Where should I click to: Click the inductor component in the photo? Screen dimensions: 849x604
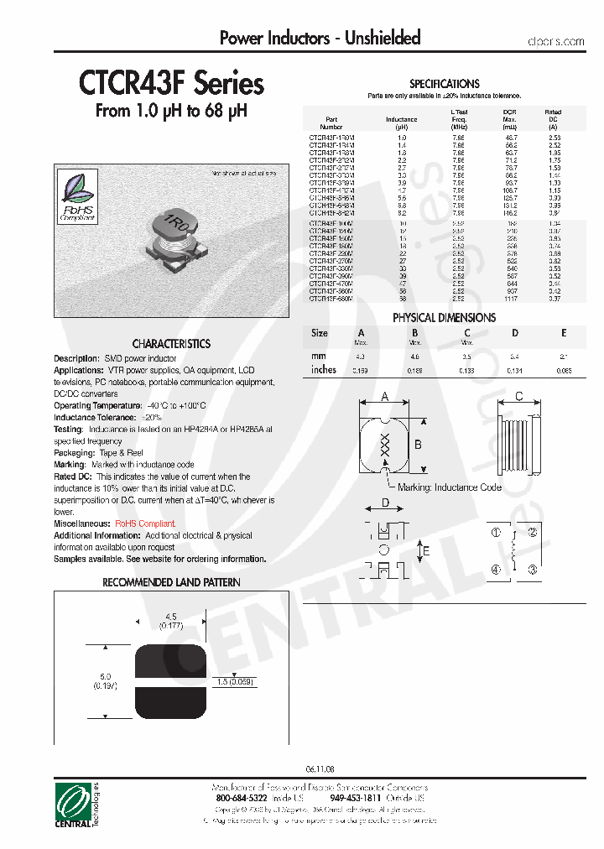pos(174,236)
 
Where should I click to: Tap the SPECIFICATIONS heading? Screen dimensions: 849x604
pos(444,84)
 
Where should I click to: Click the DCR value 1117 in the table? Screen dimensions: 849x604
pos(510,297)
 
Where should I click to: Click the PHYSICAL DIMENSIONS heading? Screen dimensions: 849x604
pos(444,318)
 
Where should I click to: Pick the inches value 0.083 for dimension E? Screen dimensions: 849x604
pos(564,370)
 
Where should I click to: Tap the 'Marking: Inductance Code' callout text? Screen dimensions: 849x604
pos(450,487)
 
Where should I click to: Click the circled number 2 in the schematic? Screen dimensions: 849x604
pos(532,533)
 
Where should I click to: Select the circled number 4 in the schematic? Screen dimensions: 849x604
pos(496,570)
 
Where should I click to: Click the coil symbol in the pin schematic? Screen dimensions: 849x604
pos(514,551)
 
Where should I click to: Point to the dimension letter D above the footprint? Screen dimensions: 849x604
pos(386,503)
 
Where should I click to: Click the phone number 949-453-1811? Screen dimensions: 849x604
pos(356,799)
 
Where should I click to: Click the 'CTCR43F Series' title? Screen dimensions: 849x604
pos(171,84)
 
